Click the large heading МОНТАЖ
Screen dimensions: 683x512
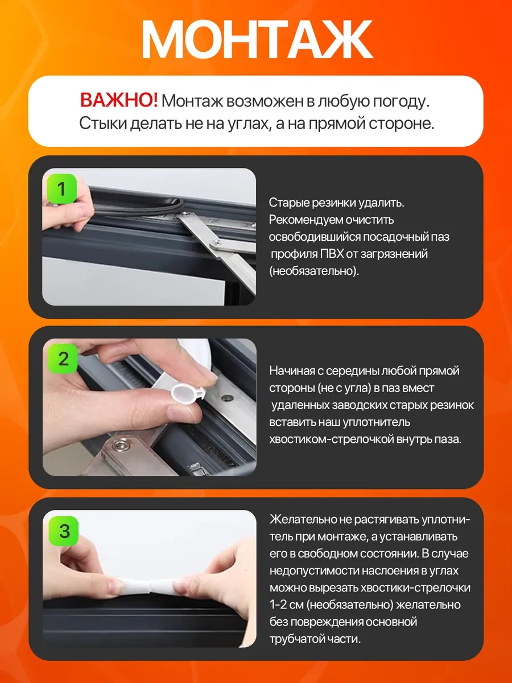pyautogui.click(x=257, y=39)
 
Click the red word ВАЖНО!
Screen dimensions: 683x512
pyautogui.click(x=119, y=101)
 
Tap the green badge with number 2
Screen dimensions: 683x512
pyautogui.click(x=63, y=359)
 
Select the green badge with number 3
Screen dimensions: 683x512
pyautogui.click(x=64, y=531)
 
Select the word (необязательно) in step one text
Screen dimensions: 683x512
pyautogui.click(x=314, y=271)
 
